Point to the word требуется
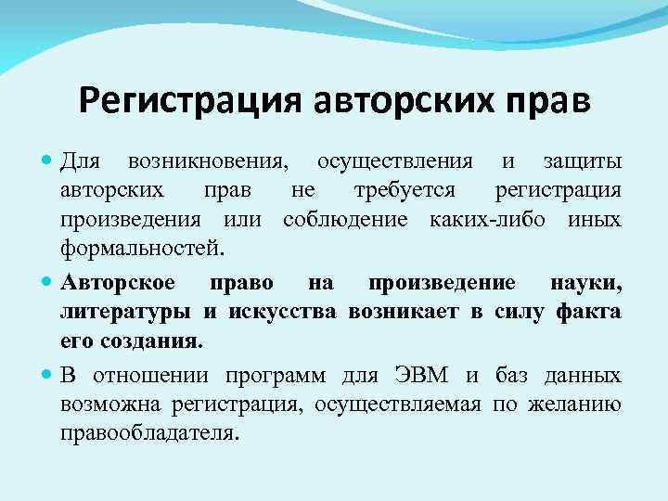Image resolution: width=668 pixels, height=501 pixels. pos(405,191)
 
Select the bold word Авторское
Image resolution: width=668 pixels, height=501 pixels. pos(120,282)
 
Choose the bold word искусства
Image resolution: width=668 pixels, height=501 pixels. pos(278,312)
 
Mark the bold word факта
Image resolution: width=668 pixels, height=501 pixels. pos(588,312)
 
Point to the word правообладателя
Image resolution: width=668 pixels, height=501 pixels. pos(148,432)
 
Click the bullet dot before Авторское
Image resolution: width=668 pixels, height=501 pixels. pos(47,282)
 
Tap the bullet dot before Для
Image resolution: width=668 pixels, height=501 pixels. pos(47,162)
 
